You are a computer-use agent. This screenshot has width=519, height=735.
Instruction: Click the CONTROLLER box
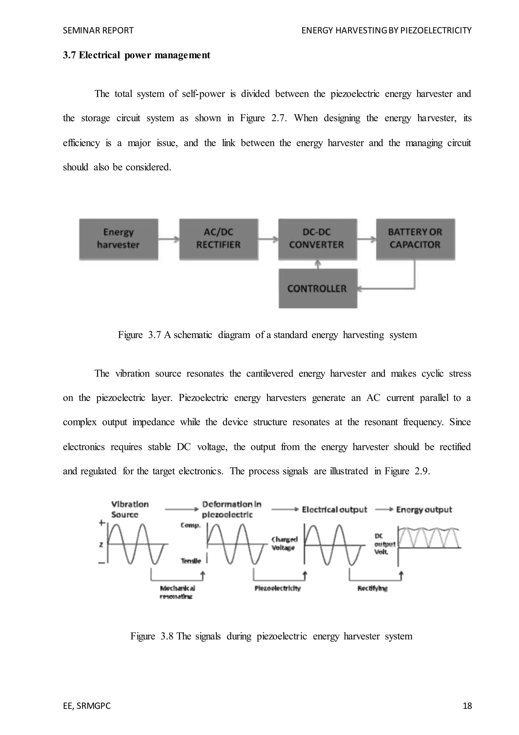[x=318, y=288]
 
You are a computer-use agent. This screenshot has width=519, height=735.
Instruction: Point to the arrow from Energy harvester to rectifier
[x=169, y=239]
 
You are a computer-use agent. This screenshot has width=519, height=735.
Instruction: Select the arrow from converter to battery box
[x=367, y=239]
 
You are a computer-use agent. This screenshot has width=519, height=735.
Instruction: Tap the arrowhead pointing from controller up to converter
[x=317, y=264]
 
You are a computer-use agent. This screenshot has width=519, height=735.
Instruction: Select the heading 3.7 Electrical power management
[x=136, y=55]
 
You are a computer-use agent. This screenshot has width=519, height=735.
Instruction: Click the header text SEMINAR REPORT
[x=98, y=30]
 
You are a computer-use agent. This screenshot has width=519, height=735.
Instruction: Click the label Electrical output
[x=334, y=509]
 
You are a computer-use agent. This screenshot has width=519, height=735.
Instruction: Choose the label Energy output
[x=424, y=509]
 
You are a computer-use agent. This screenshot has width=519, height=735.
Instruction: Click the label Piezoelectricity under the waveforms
[x=277, y=588]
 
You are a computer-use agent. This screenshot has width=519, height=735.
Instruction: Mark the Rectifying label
[x=372, y=588]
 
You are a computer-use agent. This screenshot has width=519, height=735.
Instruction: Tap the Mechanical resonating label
[x=177, y=592]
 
